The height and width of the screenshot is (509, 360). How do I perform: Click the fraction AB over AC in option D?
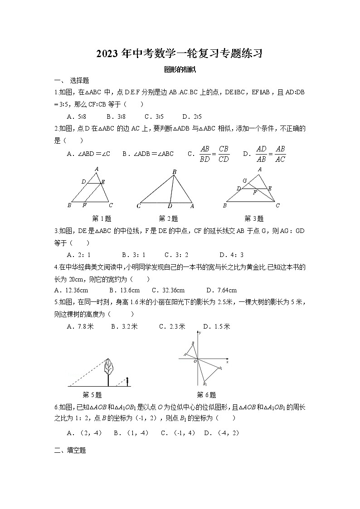coord(280,154)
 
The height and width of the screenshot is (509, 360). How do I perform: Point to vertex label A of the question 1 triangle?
coord(97,169)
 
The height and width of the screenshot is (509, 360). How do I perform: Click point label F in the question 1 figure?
coord(84,206)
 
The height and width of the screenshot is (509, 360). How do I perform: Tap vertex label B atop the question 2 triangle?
coord(174,171)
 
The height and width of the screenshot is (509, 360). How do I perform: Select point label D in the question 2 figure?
coord(170,206)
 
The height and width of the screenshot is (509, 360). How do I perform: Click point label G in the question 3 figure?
coord(245,180)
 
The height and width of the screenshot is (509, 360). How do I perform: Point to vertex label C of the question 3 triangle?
coord(277,206)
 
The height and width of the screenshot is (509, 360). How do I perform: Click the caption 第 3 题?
coord(254,218)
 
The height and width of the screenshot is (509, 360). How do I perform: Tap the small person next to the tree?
coord(128,382)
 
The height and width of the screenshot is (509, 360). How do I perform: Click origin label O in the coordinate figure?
coord(195,361)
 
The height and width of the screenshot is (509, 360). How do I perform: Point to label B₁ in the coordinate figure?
coord(205,383)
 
